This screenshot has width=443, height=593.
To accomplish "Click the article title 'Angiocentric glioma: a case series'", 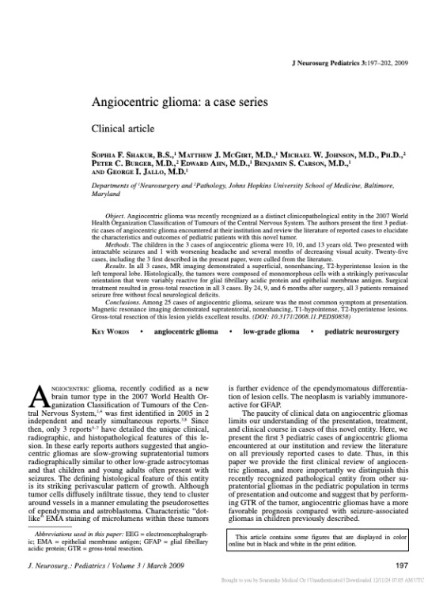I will click(192, 102).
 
